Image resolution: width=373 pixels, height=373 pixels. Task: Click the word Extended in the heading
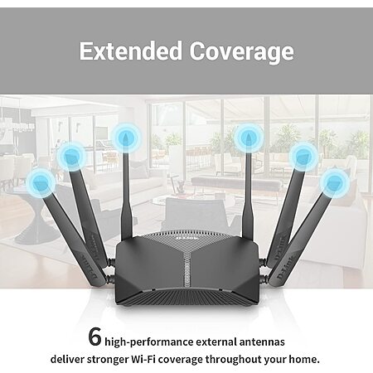(x=131, y=51)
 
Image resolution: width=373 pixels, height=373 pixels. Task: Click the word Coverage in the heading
(x=242, y=51)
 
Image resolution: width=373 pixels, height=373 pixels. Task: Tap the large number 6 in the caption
(x=94, y=337)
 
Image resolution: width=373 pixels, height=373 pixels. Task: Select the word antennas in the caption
(x=262, y=342)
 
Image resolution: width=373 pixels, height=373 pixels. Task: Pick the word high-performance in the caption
(x=149, y=342)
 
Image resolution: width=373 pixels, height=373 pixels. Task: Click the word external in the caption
(x=216, y=342)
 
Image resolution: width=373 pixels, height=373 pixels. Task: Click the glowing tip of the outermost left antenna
(x=41, y=182)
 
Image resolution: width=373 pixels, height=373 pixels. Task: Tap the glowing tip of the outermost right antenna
(x=335, y=182)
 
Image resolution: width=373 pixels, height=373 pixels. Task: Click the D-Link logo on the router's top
(x=187, y=238)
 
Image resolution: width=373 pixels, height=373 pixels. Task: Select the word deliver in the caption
(x=67, y=360)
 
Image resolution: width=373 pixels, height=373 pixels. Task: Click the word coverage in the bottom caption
(x=181, y=361)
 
